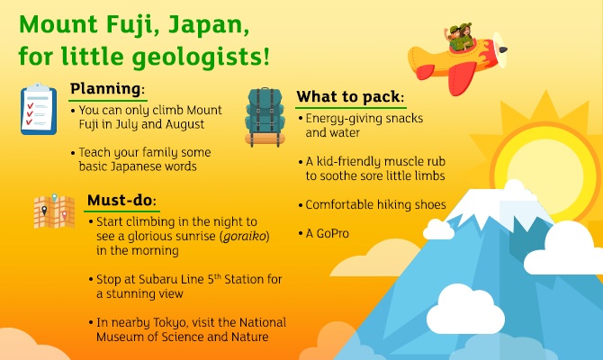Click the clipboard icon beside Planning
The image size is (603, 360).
39,109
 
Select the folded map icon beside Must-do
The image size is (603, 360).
53,211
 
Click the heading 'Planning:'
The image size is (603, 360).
107,89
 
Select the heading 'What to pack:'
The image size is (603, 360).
350,96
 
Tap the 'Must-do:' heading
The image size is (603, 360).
121,199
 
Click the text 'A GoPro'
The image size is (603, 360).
327,233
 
